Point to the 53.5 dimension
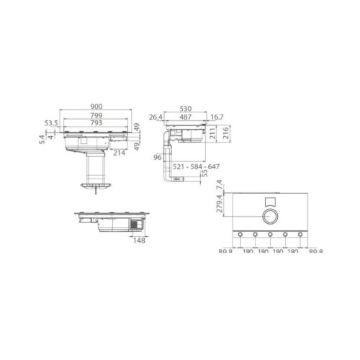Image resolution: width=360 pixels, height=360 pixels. [50, 123]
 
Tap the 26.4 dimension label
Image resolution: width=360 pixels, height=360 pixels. [156, 116]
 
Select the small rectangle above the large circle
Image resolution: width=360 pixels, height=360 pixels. [270, 201]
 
